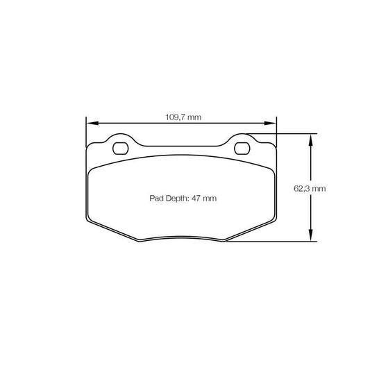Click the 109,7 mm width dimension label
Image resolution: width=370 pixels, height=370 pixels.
pos(183,117)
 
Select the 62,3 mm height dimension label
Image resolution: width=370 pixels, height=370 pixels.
pos(309,188)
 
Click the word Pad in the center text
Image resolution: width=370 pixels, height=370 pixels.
pos(156,199)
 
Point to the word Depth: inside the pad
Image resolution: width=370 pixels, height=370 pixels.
pos(178,199)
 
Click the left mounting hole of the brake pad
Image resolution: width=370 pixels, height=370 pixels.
pos(120,148)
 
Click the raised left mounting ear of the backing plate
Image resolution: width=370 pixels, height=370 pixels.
pos(120,139)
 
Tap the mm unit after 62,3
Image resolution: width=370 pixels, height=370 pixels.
pos(319,188)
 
